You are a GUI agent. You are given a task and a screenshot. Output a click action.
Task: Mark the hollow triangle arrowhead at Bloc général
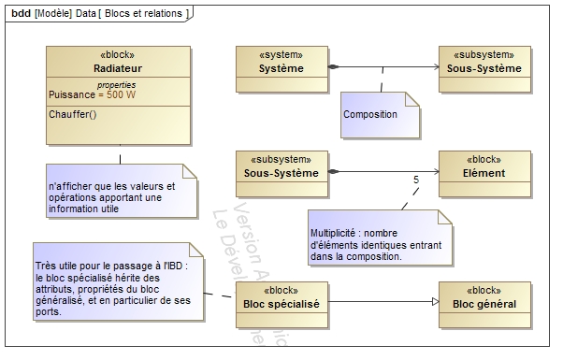[432, 301]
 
